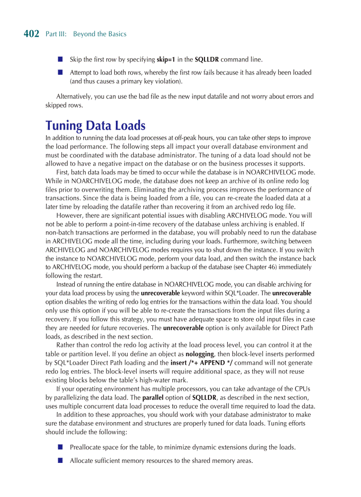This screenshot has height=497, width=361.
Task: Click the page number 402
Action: (x=31, y=34)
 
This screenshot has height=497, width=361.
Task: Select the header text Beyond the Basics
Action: (x=100, y=34)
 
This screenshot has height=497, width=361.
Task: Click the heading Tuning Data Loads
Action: (x=96, y=125)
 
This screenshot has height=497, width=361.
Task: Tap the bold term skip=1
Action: (x=166, y=59)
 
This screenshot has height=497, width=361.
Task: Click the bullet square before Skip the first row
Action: (x=60, y=59)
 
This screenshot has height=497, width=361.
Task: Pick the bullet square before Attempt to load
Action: (x=60, y=72)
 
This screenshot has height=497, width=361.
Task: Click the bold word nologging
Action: (x=200, y=354)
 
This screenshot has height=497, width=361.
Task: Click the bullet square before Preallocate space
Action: (x=60, y=447)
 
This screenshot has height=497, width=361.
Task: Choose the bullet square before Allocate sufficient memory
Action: (x=60, y=461)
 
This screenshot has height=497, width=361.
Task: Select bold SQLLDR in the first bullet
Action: (x=207, y=59)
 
